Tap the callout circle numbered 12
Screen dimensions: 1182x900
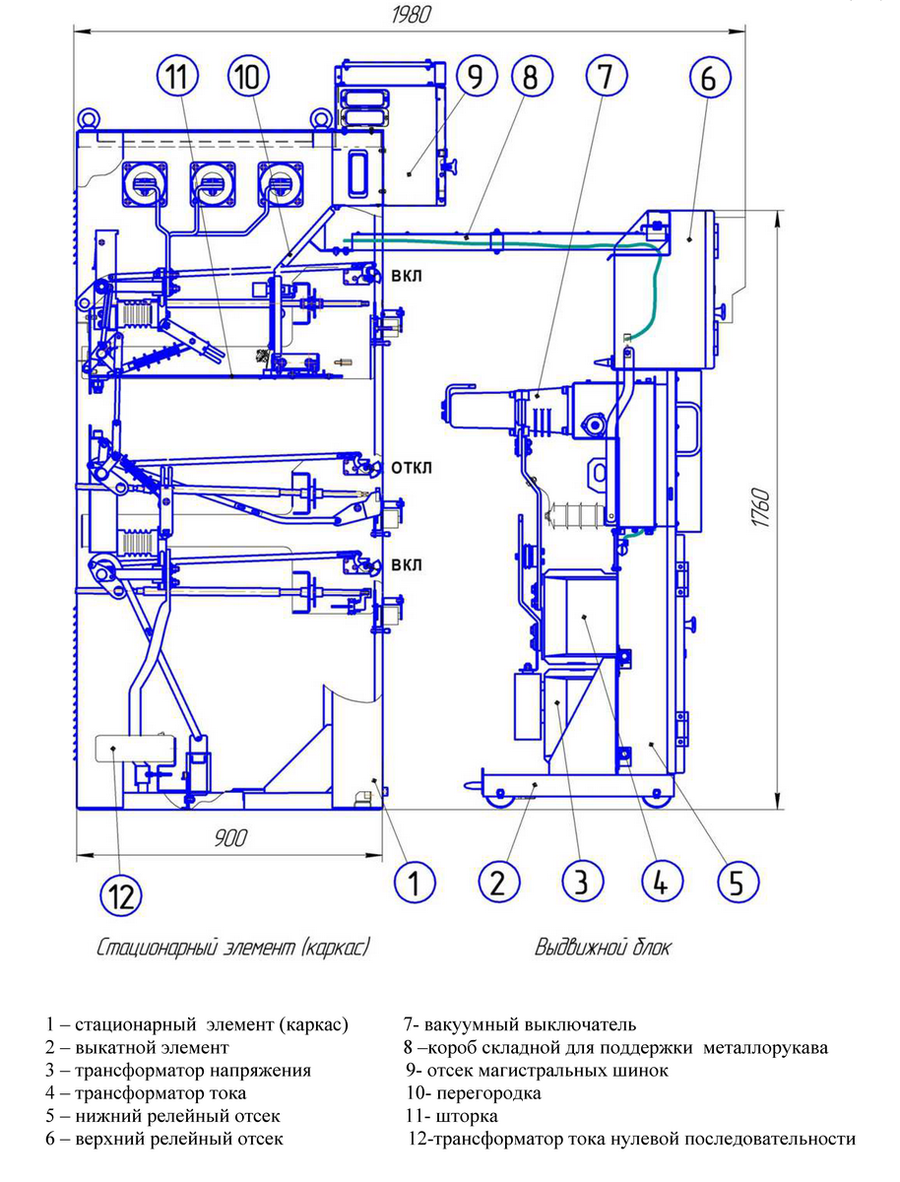(x=120, y=896)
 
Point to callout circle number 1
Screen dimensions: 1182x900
(x=415, y=881)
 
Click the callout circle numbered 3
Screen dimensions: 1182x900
(x=582, y=881)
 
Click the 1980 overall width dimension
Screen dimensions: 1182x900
(x=413, y=16)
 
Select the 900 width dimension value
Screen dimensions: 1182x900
(x=227, y=839)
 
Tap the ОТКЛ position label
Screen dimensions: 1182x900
(x=411, y=467)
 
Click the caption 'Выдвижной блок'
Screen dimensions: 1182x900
(x=603, y=949)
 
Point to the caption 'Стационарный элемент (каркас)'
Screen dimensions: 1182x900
(x=233, y=949)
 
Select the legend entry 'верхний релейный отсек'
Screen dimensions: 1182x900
(x=164, y=1140)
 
